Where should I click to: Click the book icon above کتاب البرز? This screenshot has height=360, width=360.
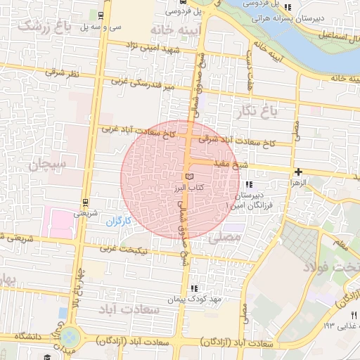[188, 176]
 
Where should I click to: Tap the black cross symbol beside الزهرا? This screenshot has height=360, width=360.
[300, 172]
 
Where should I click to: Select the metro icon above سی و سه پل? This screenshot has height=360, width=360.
[101, 15]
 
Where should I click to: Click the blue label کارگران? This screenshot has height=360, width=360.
[119, 221]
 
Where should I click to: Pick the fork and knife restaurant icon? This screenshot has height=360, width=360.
[354, 315]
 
